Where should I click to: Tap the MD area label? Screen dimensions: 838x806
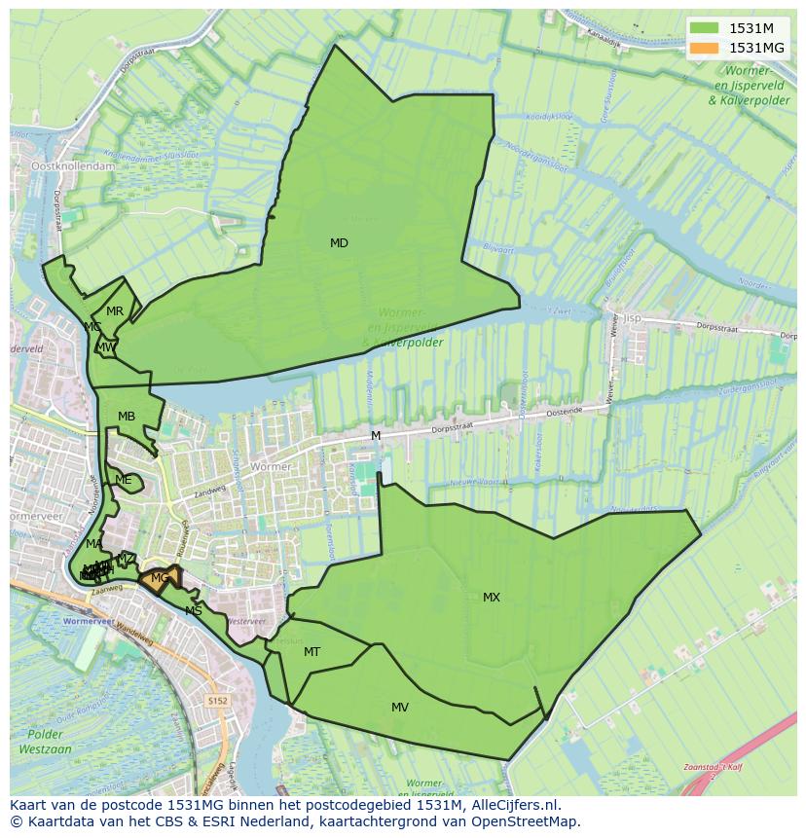339,243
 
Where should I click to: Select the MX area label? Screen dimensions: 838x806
492,598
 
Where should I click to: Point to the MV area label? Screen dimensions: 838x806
400,708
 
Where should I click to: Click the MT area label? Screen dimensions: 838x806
311,652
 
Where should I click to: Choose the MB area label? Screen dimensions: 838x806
127,417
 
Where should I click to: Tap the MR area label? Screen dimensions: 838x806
115,311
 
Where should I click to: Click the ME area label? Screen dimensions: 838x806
123,480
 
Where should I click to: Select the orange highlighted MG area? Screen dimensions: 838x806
160,578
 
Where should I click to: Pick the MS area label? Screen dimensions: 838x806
194,611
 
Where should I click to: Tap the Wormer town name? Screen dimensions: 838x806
270,467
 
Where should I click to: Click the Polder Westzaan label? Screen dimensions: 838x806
45,742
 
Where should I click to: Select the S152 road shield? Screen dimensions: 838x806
218,701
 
